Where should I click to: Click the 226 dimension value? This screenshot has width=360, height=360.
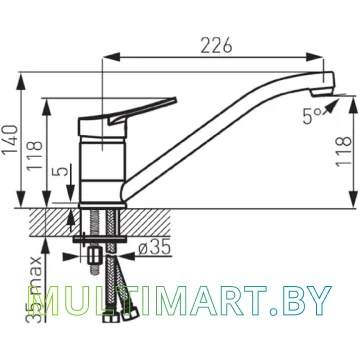(216, 45)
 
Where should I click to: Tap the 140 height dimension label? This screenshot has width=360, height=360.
(10, 140)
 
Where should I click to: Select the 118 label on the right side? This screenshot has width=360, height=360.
(344, 151)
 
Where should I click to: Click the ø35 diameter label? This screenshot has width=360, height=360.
(154, 248)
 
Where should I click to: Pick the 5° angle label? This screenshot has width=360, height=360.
(312, 116)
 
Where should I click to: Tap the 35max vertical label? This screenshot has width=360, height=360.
(36, 289)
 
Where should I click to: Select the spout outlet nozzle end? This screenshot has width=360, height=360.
(322, 93)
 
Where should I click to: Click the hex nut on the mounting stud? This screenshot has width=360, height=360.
(95, 256)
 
